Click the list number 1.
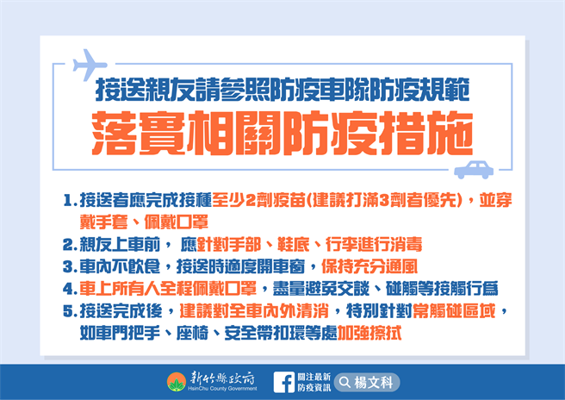click(x=68, y=202)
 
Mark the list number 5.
click(x=68, y=309)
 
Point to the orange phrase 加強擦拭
click(x=373, y=331)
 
